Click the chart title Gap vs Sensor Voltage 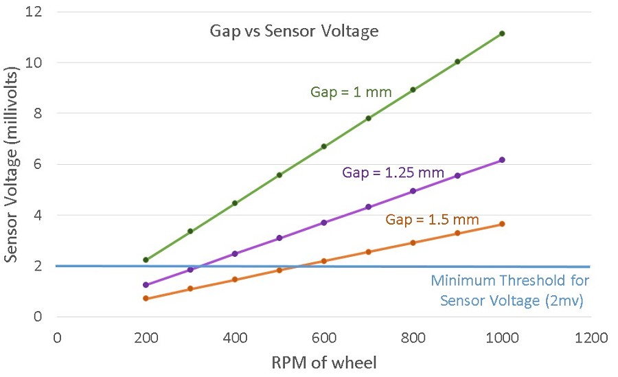(294, 31)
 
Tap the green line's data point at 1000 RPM (502, 34)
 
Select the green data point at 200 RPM (146, 260)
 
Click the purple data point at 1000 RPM (502, 160)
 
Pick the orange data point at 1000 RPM (502, 224)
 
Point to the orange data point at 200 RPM (146, 299)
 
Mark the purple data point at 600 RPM (324, 222)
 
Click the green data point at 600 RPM (324, 146)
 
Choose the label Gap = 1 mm (351, 92)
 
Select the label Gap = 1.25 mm (393, 172)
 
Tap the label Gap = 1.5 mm (432, 219)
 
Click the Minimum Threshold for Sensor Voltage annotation (510, 290)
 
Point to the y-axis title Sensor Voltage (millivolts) (10, 165)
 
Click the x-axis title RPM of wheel (324, 363)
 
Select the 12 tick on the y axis (34, 12)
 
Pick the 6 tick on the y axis (38, 164)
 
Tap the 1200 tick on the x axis (591, 338)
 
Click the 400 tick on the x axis (235, 338)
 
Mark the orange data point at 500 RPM (279, 270)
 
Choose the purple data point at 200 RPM (146, 285)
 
